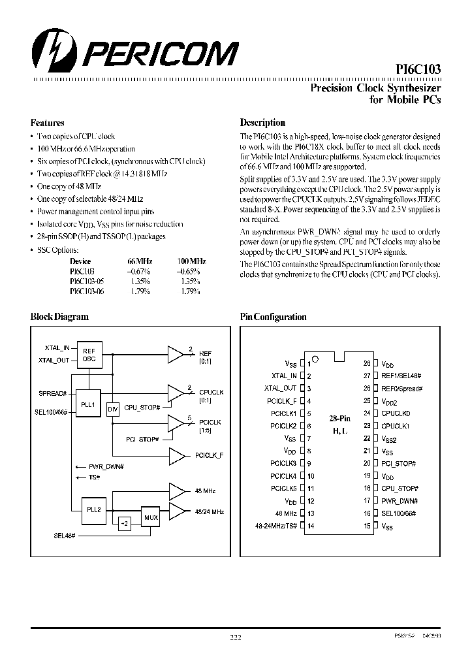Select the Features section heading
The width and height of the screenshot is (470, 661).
(48, 123)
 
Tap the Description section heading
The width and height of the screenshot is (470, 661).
(262, 122)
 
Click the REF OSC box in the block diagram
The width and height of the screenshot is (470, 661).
(88, 355)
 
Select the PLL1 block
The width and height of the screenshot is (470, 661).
(88, 404)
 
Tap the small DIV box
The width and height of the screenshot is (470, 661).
(112, 410)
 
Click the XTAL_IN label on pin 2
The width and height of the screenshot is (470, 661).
(284, 376)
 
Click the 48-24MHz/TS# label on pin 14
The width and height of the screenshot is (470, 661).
(277, 526)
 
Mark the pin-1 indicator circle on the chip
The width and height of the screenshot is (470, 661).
(315, 359)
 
